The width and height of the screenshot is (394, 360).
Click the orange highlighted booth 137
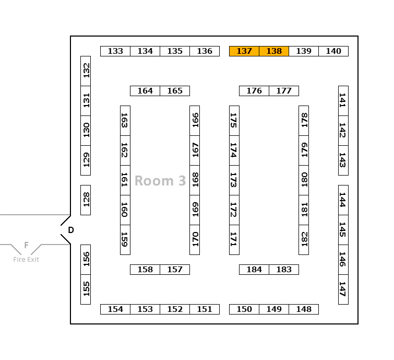pyautogui.click(x=244, y=51)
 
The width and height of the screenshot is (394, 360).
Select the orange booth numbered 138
pyautogui.click(x=274, y=51)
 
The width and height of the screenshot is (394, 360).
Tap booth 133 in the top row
pyautogui.click(x=115, y=51)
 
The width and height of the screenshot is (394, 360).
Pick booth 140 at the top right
pyautogui.click(x=333, y=51)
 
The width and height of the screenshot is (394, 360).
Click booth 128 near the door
pyautogui.click(x=86, y=200)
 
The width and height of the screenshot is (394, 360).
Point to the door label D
pyautogui.click(x=71, y=230)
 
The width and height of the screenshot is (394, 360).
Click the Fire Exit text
pyautogui.click(x=26, y=259)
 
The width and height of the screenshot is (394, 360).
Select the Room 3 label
pyautogui.click(x=160, y=181)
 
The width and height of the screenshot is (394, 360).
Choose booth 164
pyautogui.click(x=145, y=91)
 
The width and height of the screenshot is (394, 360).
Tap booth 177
pyautogui.click(x=284, y=91)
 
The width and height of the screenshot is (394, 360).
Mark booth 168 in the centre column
pyautogui.click(x=195, y=180)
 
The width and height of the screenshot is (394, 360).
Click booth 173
pyautogui.click(x=234, y=180)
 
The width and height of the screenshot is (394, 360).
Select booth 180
pyautogui.click(x=304, y=180)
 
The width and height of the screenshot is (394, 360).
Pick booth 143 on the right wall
pyautogui.click(x=343, y=160)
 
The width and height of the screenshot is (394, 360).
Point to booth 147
pyautogui.click(x=343, y=289)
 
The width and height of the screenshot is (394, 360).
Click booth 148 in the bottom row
pyautogui.click(x=304, y=309)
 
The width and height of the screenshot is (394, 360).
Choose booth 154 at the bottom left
pyautogui.click(x=115, y=309)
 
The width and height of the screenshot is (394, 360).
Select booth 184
pyautogui.click(x=254, y=270)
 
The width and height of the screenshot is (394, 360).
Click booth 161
pyautogui.click(x=125, y=180)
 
